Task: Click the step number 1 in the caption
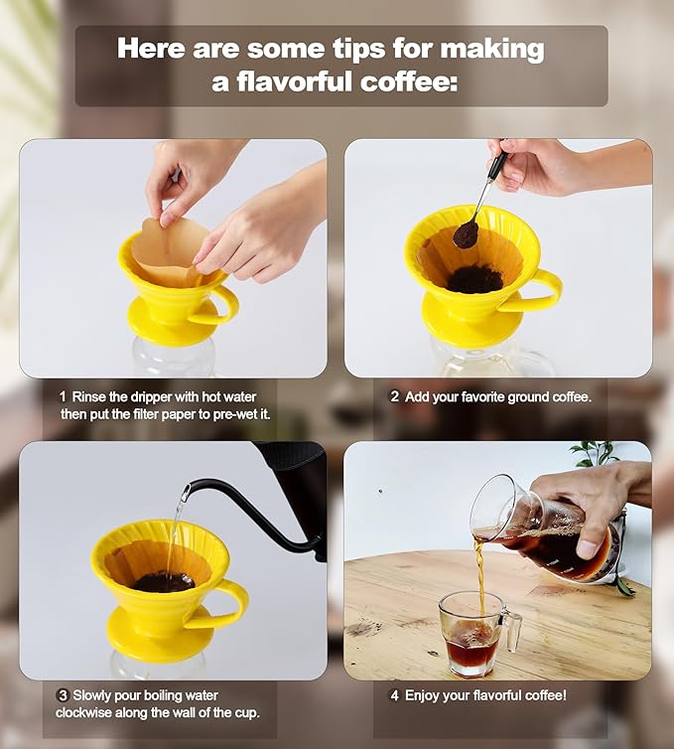62,396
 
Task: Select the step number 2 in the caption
394,396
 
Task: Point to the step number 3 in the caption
62,695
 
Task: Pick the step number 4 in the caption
393,695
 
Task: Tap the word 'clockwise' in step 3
94,713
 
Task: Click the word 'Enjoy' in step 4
422,695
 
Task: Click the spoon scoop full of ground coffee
466,234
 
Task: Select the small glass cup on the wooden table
473,633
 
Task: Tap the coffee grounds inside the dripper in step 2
474,280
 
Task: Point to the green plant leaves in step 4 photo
596,454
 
